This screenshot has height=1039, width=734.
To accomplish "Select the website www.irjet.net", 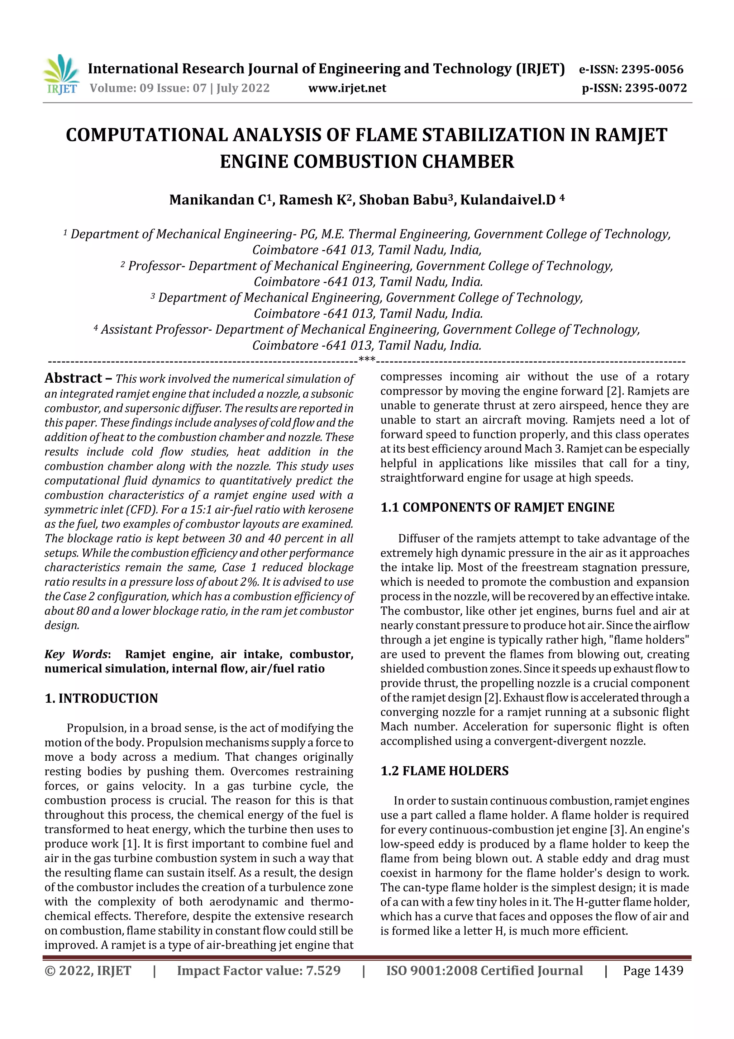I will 347,88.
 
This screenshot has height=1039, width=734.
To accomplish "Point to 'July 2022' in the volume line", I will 243,88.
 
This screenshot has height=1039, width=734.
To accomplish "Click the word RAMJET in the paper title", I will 630,135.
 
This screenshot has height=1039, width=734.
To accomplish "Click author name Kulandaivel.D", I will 507,200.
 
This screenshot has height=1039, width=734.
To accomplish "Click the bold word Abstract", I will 73,378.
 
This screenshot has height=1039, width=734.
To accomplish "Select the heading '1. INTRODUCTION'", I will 101,698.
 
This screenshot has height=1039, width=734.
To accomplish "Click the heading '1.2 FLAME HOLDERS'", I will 444,771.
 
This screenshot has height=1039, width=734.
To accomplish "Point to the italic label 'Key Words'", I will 76,655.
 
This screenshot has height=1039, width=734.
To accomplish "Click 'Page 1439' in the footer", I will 653,970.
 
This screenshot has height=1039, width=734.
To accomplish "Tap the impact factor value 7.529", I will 323,970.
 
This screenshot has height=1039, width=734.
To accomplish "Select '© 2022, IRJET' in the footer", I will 88,970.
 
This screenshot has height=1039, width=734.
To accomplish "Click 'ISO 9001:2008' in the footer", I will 431,970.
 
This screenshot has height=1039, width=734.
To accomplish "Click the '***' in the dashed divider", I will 366,360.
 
